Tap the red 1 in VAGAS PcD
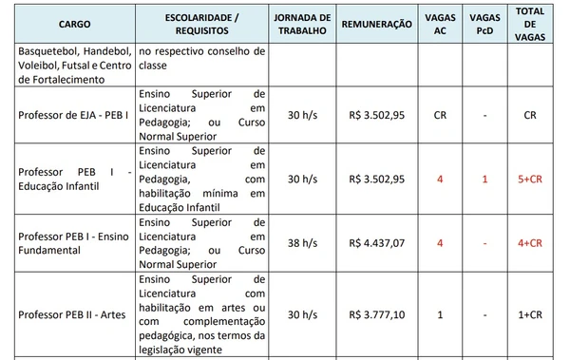tap(484, 179)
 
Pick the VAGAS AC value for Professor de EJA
tap(440, 115)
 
